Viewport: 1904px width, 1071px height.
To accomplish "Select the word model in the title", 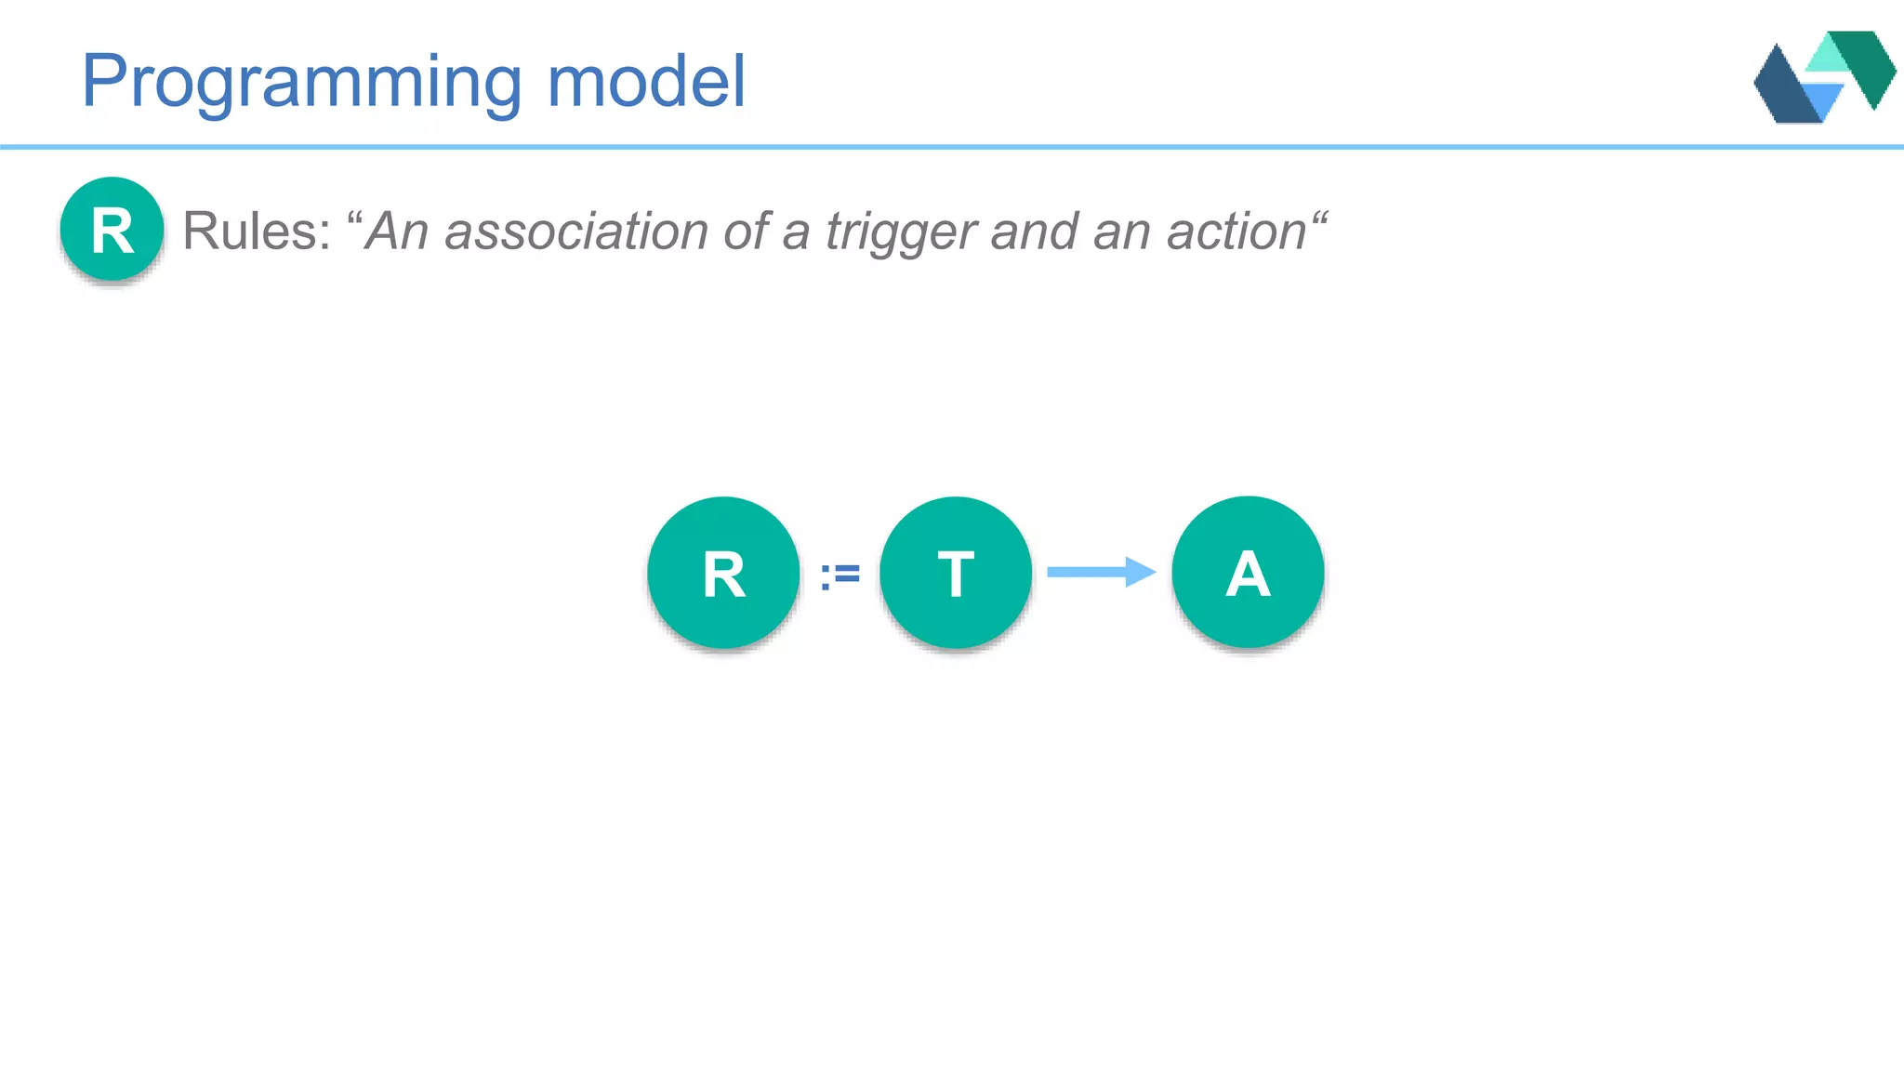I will pos(646,81).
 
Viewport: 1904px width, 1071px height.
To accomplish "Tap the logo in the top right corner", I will pos(1824,77).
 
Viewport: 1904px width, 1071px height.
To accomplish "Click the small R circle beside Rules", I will pos(112,230).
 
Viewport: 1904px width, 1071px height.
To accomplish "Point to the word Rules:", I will pos(257,231).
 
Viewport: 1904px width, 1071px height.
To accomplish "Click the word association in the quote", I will pos(576,231).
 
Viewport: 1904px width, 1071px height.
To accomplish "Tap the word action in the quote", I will pos(1236,231).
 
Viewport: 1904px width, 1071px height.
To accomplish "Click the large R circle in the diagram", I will pos(723,573).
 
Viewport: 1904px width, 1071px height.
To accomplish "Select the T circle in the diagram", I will pos(956,573).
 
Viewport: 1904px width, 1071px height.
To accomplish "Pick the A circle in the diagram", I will pos(1248,573).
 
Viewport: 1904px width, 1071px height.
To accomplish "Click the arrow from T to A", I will pos(1101,572).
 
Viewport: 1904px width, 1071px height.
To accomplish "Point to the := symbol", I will pos(840,575).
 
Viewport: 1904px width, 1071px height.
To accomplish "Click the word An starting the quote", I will pos(397,231).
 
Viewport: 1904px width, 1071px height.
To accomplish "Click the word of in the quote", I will pos(747,231).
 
